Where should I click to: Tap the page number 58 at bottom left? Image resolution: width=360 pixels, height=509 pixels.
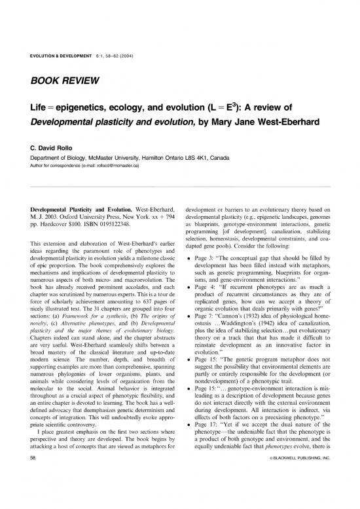23,487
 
